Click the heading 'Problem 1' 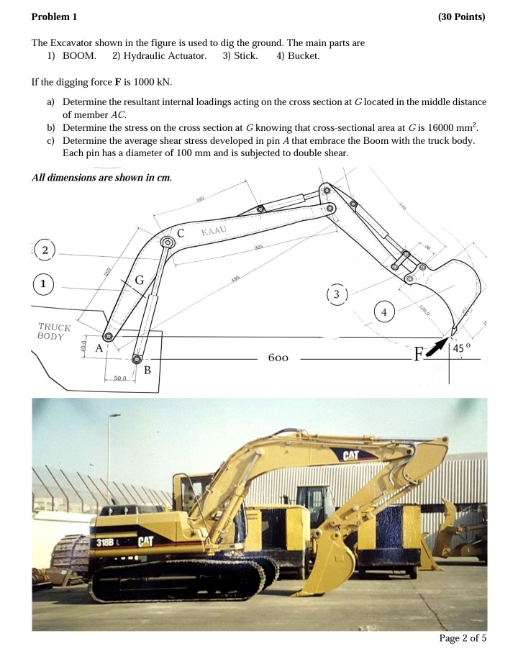(55, 17)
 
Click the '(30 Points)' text (461, 17)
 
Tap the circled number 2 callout (45, 250)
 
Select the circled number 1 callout (43, 283)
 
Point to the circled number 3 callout (337, 294)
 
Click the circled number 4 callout (384, 312)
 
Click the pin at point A (108, 337)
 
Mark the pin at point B (137, 359)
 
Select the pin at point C (168, 243)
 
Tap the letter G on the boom (140, 279)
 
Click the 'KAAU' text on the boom (214, 231)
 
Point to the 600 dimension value (278, 358)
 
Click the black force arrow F (436, 348)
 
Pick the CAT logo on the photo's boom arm (350, 455)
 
